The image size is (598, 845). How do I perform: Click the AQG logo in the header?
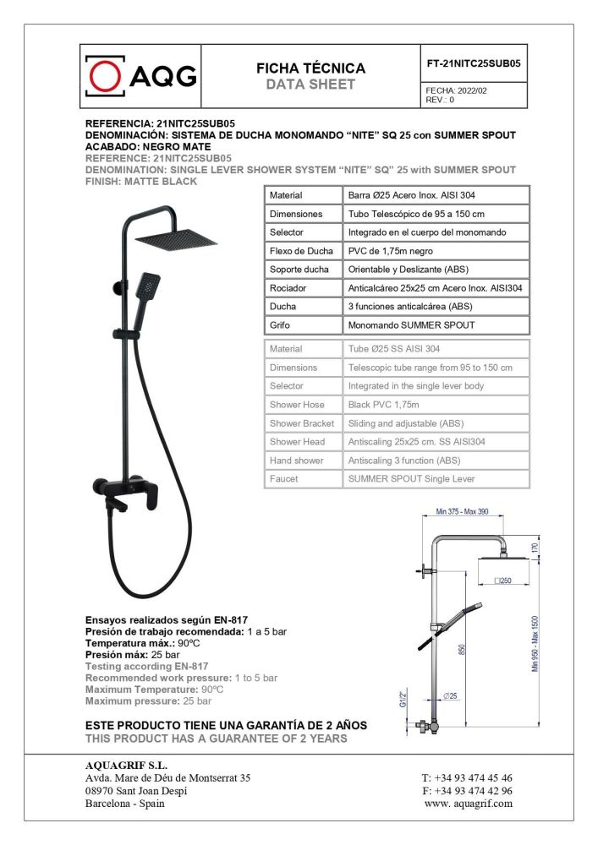(x=142, y=77)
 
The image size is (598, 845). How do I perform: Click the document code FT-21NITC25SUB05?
(x=475, y=62)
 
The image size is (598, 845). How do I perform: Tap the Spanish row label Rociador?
(x=288, y=288)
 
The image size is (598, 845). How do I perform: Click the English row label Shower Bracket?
(x=301, y=423)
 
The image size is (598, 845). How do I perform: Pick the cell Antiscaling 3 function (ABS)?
(x=404, y=461)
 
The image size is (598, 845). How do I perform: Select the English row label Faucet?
(x=283, y=479)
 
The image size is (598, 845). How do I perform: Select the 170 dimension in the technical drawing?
(x=534, y=548)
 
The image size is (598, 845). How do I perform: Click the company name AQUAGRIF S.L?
(x=122, y=765)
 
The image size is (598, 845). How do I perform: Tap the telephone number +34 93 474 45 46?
(x=466, y=777)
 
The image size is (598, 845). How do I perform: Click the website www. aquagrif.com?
(x=468, y=804)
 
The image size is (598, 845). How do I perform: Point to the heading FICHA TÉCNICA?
(x=310, y=68)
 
